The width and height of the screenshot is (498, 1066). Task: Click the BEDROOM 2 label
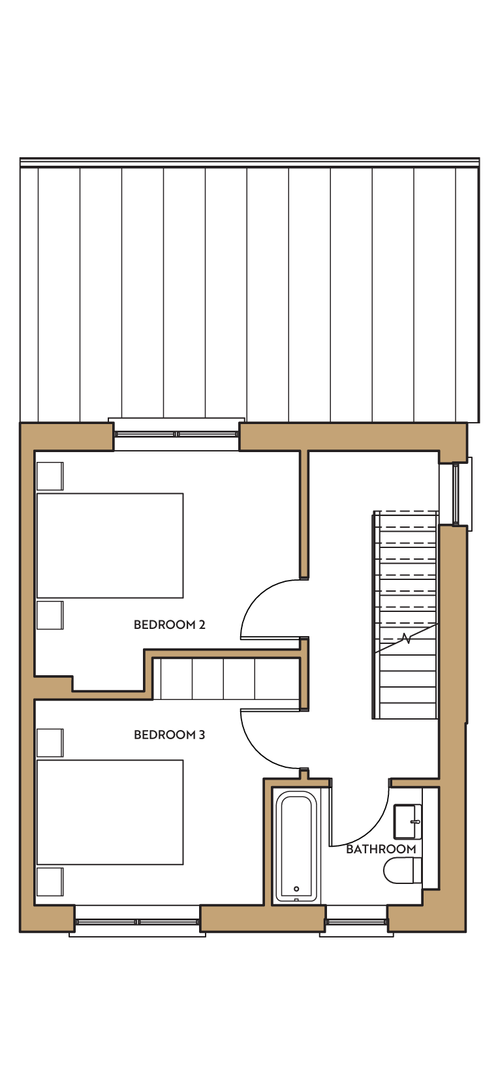170,624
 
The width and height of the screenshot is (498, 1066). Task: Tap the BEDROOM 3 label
170,735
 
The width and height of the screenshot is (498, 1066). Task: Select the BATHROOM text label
381,849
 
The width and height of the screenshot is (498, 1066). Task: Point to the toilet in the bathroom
403,870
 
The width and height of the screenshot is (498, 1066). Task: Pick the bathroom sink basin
407,822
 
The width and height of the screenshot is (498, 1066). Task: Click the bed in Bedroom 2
110,545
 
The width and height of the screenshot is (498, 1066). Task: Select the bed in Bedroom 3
110,812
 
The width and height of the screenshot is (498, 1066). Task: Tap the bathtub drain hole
296,889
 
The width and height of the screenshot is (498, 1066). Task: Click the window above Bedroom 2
176,434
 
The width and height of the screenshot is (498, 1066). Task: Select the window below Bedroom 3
137,922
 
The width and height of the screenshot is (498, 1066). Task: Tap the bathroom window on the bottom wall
356,922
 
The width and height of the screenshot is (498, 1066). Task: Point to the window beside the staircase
456,494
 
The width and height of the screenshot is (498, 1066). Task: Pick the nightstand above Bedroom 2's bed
50,476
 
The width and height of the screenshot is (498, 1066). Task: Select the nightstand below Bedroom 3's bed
50,882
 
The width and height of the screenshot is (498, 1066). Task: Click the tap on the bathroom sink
416,821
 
